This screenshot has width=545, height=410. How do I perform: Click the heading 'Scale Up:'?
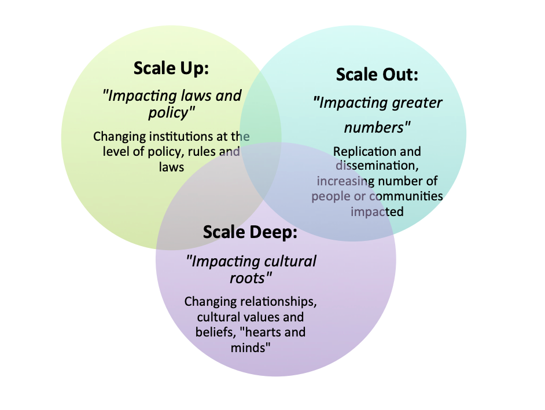pyautogui.click(x=171, y=68)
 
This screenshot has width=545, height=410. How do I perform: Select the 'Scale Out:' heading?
pyautogui.click(x=377, y=75)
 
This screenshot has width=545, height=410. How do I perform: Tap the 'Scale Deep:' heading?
pyautogui.click(x=250, y=232)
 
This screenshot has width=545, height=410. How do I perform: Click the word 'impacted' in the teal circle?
pyautogui.click(x=377, y=211)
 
